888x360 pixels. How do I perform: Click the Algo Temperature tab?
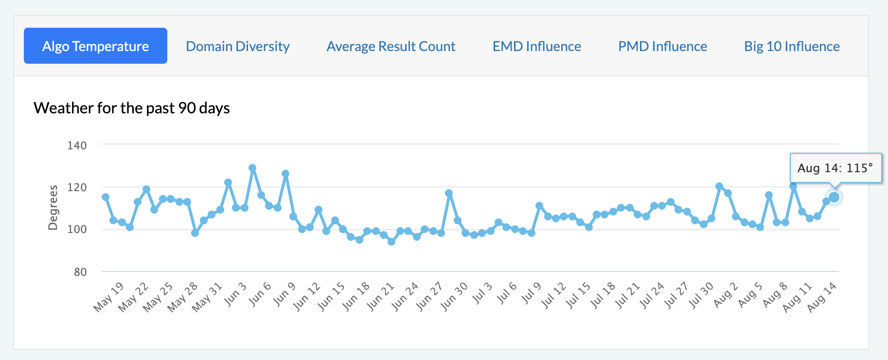pyautogui.click(x=95, y=46)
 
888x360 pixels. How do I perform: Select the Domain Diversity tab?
pyautogui.click(x=238, y=46)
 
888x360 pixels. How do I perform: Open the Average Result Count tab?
pyautogui.click(x=391, y=46)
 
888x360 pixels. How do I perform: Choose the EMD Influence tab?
pyautogui.click(x=536, y=46)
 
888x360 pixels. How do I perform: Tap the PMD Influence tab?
pyautogui.click(x=662, y=46)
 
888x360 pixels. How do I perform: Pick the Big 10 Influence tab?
pyautogui.click(x=792, y=46)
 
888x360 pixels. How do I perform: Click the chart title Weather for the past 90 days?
pyautogui.click(x=132, y=108)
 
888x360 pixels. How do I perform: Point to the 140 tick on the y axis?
pyautogui.click(x=77, y=145)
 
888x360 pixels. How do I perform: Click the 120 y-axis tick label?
pyautogui.click(x=77, y=187)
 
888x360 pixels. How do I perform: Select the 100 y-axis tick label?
pyautogui.click(x=77, y=229)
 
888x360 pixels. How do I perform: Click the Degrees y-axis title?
pyautogui.click(x=53, y=208)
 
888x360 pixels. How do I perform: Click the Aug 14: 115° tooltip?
pyautogui.click(x=835, y=168)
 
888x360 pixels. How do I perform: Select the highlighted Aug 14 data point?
pyautogui.click(x=834, y=197)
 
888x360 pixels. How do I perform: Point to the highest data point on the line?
pyautogui.click(x=252, y=168)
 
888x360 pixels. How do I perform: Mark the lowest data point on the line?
pyautogui.click(x=391, y=242)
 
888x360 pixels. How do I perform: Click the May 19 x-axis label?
pyautogui.click(x=109, y=296)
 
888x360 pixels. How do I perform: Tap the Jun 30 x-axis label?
pyautogui.click(x=454, y=296)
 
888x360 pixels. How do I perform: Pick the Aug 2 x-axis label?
pyautogui.click(x=726, y=294)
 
